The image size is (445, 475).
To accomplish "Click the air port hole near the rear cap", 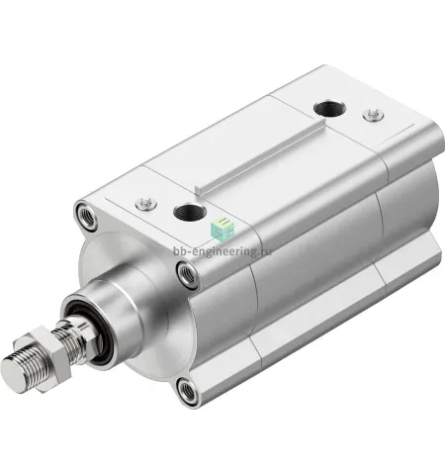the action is point(329,108).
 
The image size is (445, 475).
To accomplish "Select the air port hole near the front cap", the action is point(190,212).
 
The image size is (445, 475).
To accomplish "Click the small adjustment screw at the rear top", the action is point(373,115).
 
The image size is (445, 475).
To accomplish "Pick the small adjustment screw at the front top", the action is point(146,203).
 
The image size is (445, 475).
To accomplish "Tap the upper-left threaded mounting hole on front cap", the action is point(86,216).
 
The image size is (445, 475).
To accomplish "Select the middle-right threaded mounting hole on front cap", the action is point(188,274).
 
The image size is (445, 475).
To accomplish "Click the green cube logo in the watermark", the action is point(223,228).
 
